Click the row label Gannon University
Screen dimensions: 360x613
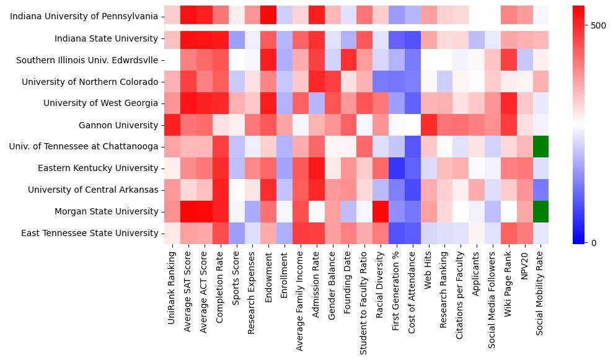pyautogui.click(x=118, y=125)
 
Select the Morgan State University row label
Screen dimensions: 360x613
pyautogui.click(x=106, y=211)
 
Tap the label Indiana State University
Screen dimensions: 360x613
pyautogui.click(x=106, y=38)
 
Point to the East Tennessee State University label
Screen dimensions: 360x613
pyautogui.click(x=89, y=233)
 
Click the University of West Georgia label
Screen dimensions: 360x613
pyautogui.click(x=100, y=103)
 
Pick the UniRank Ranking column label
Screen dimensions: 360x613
pyautogui.click(x=172, y=286)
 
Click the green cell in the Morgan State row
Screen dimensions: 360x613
pyautogui.click(x=540, y=211)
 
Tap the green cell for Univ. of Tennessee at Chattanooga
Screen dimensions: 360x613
pyautogui.click(x=540, y=147)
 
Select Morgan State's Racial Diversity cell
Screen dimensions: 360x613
pyautogui.click(x=380, y=211)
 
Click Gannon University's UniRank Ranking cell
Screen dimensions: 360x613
pyautogui.click(x=172, y=125)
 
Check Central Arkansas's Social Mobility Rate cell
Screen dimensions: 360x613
pyautogui.click(x=540, y=190)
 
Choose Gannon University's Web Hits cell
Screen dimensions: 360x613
pyautogui.click(x=428, y=125)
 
